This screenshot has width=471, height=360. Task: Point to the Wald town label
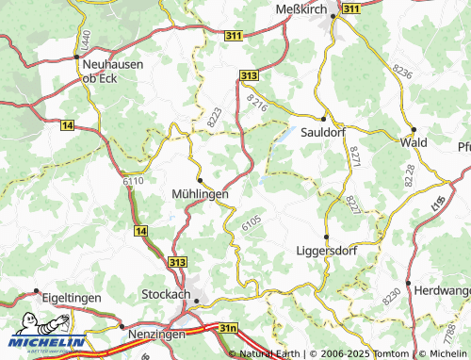[414, 142]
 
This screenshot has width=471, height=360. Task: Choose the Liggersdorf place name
[326, 253]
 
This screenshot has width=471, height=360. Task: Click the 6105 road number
[251, 223]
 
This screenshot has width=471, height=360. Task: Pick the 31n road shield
[227, 327]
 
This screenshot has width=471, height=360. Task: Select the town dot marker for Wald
[414, 129]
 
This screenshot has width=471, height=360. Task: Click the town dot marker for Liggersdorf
[326, 237]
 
